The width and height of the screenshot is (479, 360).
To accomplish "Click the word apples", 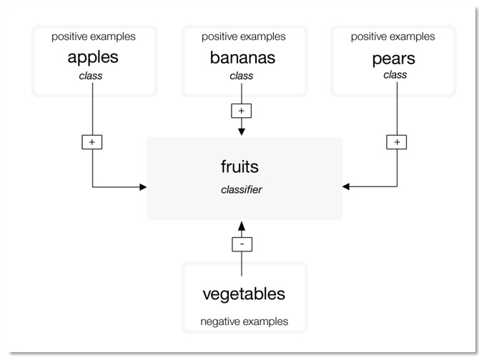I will point(93,57).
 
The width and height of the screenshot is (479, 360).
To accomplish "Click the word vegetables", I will point(244,294).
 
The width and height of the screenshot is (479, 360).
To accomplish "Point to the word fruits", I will point(239,167).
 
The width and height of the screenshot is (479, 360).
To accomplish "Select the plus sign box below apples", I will point(92,142).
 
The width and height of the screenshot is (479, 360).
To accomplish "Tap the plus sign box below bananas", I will point(241,111).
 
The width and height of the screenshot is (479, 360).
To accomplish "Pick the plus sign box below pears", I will point(397,142).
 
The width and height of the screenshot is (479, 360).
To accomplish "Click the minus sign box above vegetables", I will point(242,244).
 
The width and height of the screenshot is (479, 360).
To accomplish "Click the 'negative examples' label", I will point(245,321).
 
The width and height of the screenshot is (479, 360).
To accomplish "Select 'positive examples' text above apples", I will point(93,36).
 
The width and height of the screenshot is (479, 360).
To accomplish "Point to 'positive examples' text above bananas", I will point(243,36).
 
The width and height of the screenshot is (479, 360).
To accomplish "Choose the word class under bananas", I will point(241,75).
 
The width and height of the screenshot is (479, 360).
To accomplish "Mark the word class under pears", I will point(394,75).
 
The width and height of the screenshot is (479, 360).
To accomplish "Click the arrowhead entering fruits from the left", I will point(142,187).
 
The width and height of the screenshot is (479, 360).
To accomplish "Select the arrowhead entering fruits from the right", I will point(347,187).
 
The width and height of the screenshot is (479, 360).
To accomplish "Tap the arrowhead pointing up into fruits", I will point(242,225).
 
